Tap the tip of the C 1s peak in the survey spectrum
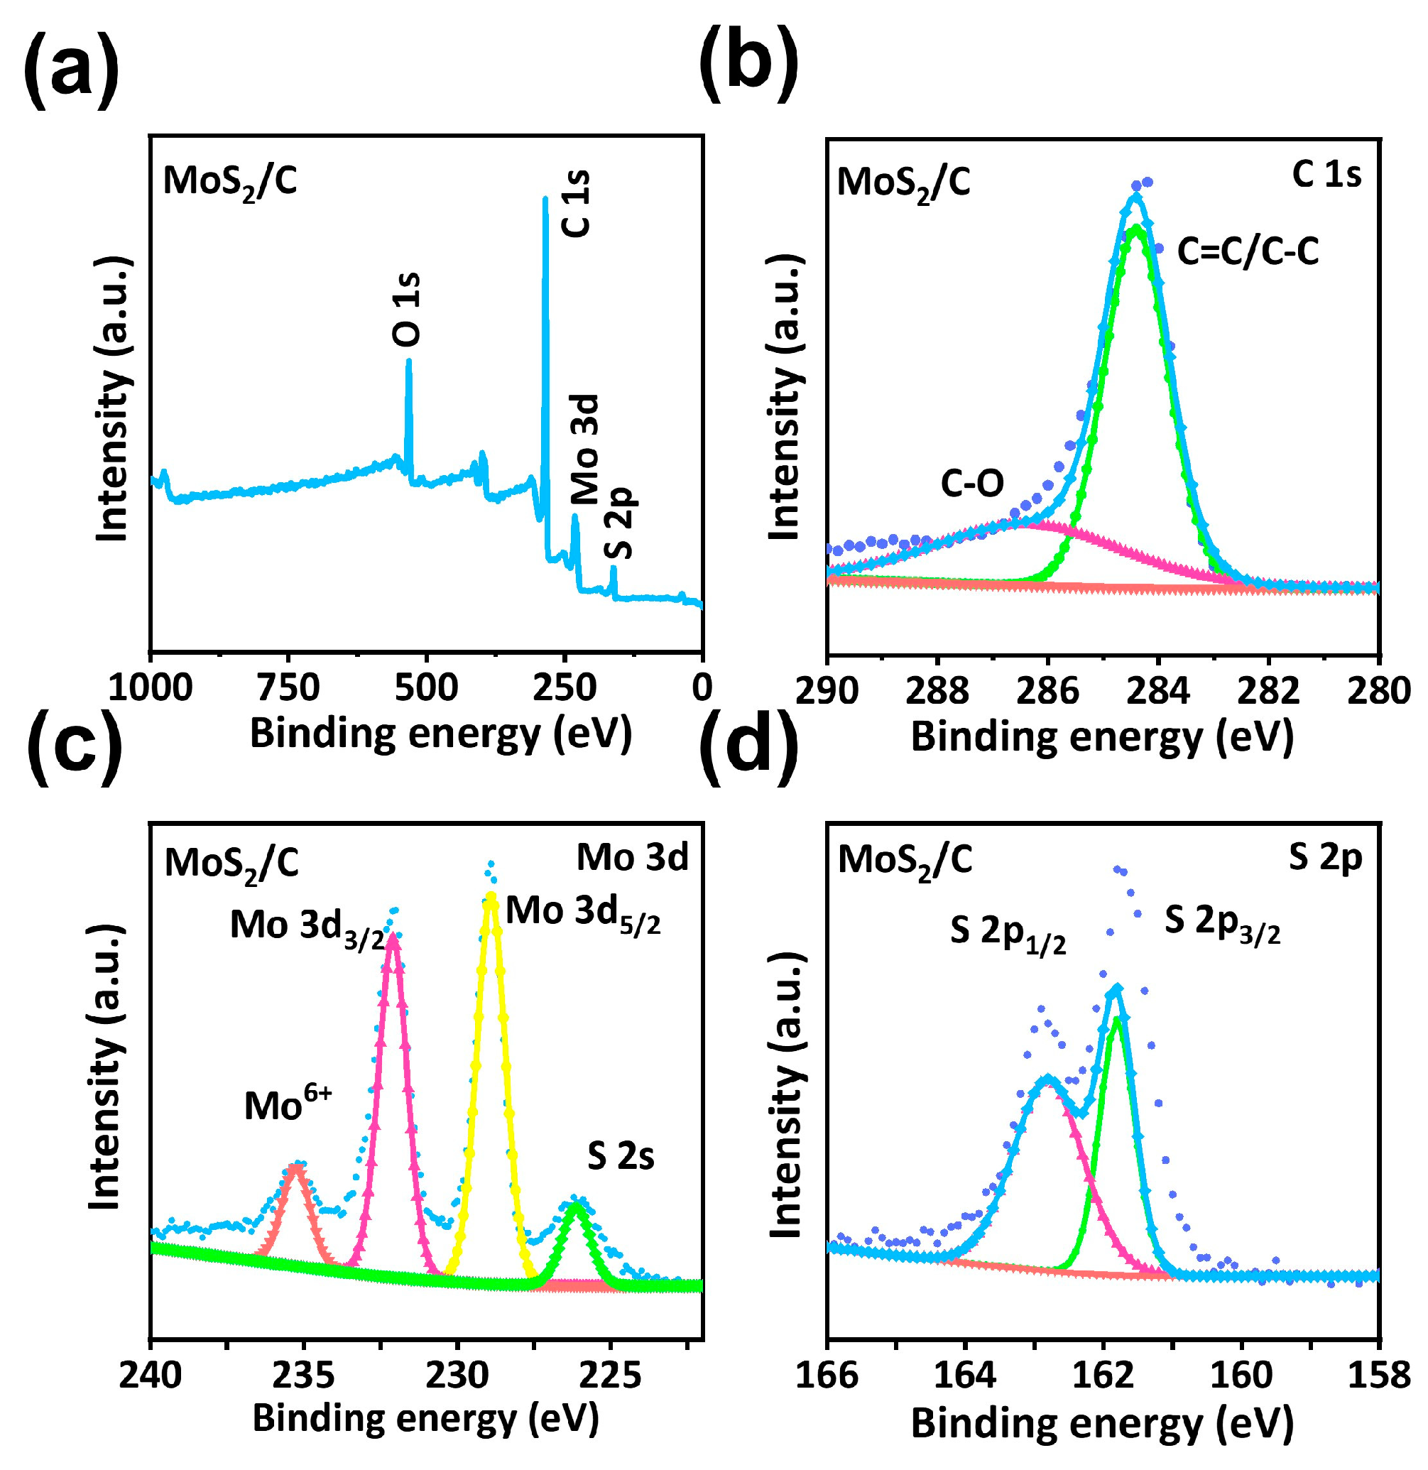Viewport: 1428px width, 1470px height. tap(545, 199)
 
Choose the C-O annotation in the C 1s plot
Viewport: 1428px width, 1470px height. tap(972, 484)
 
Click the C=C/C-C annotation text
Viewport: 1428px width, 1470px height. tap(1247, 251)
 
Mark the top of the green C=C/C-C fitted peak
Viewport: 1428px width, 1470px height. tap(1137, 228)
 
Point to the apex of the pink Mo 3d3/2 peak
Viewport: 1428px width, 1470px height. tap(392, 937)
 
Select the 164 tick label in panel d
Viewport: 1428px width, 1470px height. tap(964, 1376)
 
